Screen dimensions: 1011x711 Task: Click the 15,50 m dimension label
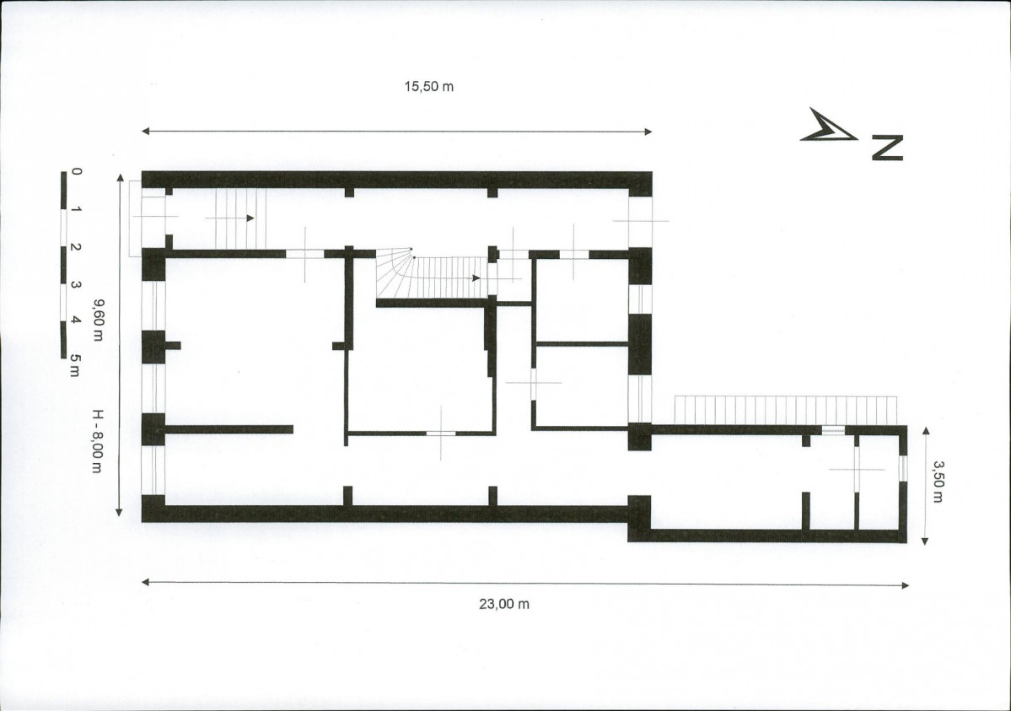coord(429,87)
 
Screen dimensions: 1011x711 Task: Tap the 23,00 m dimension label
coord(504,604)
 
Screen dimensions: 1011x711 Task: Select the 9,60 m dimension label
coord(97,320)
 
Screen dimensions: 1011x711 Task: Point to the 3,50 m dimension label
coord(938,482)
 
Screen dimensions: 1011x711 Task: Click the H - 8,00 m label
coord(97,440)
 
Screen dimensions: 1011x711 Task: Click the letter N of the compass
coord(887,148)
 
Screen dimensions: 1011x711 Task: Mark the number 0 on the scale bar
coord(77,171)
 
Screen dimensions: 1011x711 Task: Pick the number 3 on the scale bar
coord(76,284)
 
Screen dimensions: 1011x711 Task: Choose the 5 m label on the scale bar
coord(76,365)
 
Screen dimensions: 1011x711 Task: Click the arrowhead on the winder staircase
coord(476,278)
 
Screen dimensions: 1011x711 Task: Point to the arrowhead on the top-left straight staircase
coord(250,218)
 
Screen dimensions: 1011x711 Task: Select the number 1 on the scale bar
coord(76,209)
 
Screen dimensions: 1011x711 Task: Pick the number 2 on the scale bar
coord(76,247)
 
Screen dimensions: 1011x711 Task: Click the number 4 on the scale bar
coord(76,320)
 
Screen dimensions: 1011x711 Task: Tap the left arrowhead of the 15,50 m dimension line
coord(146,131)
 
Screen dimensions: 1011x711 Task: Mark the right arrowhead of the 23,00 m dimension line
coord(905,586)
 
